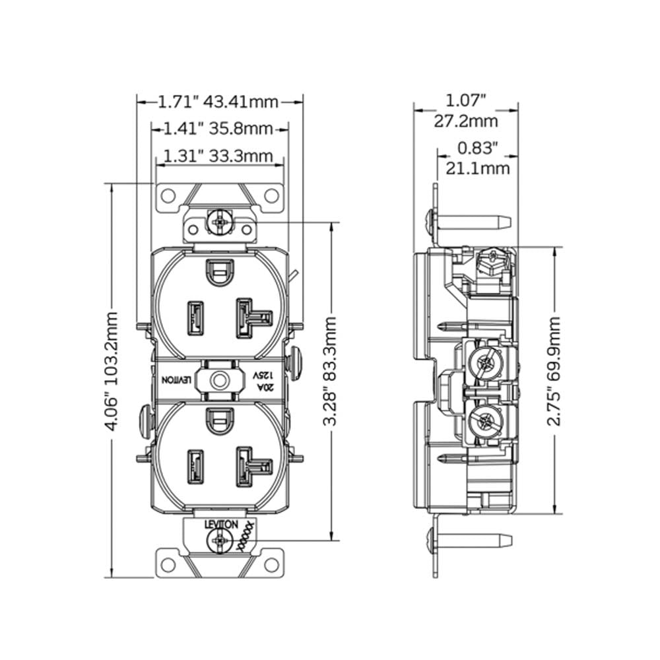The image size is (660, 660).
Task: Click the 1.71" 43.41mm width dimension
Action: pyautogui.click(x=218, y=102)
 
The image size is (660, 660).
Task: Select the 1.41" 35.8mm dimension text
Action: pyautogui.click(x=218, y=128)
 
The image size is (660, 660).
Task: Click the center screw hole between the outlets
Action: pyautogui.click(x=219, y=380)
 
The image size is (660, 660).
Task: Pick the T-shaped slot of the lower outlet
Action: pyautogui.click(x=253, y=465)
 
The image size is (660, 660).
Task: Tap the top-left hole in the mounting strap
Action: pyautogui.click(x=168, y=195)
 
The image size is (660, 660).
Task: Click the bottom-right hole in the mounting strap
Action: pyautogui.click(x=271, y=565)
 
